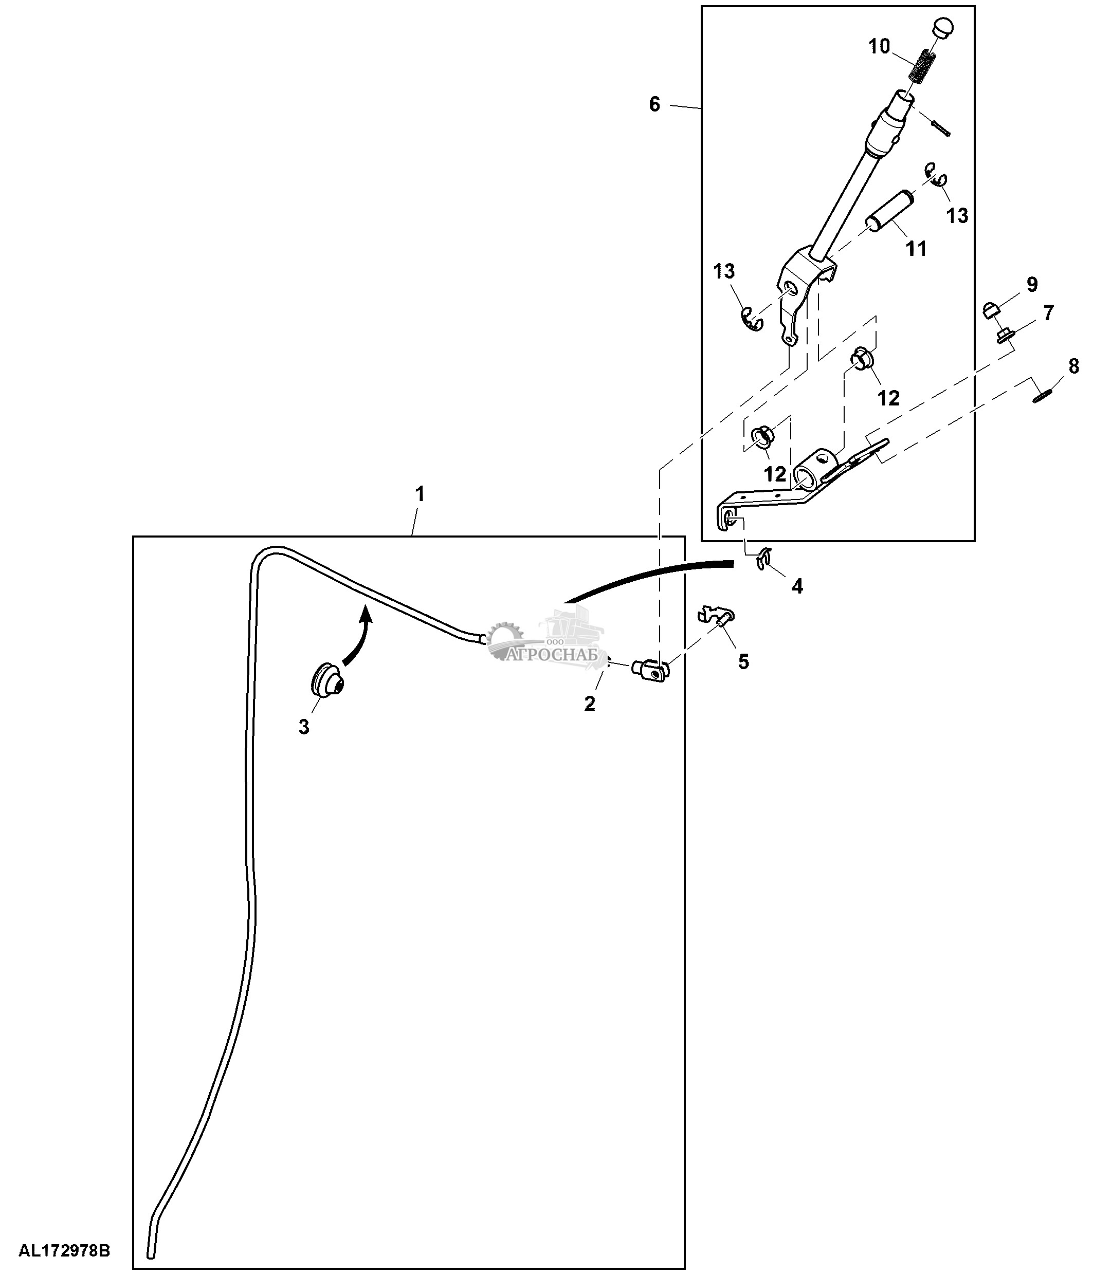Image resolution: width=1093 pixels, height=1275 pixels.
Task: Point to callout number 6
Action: click(x=654, y=105)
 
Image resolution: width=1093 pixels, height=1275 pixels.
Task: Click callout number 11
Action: click(x=916, y=249)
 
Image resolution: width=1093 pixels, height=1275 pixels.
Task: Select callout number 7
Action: click(x=1047, y=312)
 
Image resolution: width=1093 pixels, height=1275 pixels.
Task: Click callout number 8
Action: click(x=1074, y=367)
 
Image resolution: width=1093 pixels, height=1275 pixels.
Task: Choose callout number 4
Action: click(x=797, y=586)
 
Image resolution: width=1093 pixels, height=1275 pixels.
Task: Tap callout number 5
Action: click(x=743, y=662)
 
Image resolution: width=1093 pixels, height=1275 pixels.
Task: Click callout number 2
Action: click(x=590, y=704)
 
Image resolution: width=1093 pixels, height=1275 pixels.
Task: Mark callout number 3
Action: click(x=304, y=727)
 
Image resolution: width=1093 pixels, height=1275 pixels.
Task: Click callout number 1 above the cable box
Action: click(x=420, y=494)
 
